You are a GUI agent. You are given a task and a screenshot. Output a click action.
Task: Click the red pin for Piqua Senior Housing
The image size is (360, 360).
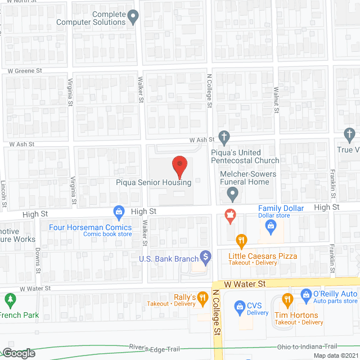[x=179, y=165]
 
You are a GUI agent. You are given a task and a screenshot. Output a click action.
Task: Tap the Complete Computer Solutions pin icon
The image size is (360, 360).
[x=133, y=17]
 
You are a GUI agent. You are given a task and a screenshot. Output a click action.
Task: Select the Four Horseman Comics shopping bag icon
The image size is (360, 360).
[x=119, y=212]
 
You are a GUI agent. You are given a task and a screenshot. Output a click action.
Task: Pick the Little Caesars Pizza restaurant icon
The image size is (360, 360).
[x=241, y=241]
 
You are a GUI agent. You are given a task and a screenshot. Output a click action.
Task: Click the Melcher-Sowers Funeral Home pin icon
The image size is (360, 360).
[x=231, y=195]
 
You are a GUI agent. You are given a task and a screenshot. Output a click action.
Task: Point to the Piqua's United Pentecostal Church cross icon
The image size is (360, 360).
[x=224, y=137]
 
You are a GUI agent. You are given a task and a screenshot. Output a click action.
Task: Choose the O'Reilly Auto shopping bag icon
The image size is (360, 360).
[x=305, y=294]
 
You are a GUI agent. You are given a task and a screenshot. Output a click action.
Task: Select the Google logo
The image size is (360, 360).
[x=19, y=353]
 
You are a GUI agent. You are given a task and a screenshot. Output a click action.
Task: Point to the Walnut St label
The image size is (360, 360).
[x=276, y=99]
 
